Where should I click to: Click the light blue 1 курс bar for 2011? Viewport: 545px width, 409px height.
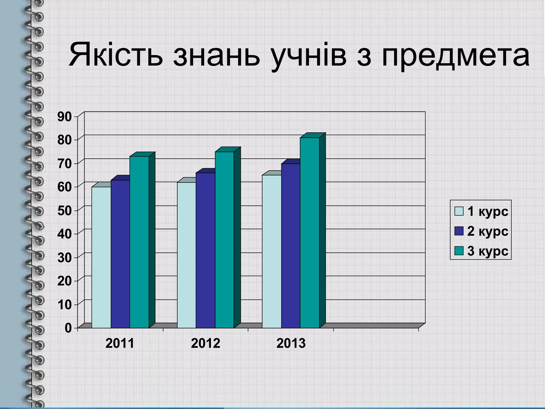click(101, 257)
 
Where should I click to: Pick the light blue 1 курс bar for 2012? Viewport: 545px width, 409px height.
click(187, 255)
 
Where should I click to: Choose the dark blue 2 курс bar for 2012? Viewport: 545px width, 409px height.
click(205, 250)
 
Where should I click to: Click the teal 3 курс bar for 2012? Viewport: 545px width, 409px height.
click(224, 240)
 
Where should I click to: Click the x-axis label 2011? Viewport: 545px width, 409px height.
click(120, 343)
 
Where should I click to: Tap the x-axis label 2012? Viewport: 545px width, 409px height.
click(205, 343)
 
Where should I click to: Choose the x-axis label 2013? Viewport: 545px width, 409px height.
click(291, 343)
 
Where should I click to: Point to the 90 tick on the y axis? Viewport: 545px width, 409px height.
click(64, 117)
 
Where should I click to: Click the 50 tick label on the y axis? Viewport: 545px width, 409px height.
click(64, 210)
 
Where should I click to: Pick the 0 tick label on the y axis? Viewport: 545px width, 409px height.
click(68, 328)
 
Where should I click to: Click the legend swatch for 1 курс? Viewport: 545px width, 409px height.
click(459, 211)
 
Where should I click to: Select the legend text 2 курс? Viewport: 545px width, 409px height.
click(488, 231)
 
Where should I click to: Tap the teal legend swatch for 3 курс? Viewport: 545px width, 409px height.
click(459, 251)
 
